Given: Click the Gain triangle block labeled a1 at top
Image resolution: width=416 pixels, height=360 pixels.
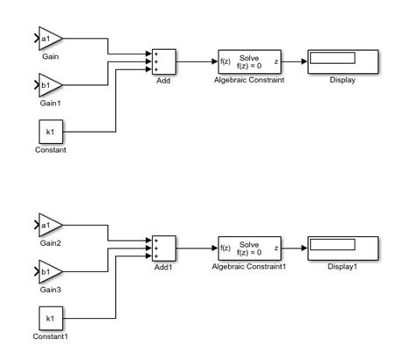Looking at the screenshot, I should [x=49, y=40].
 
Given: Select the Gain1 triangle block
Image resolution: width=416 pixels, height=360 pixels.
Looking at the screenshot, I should [x=49, y=87].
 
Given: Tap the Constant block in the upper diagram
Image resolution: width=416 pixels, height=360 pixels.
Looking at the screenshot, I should [x=49, y=132].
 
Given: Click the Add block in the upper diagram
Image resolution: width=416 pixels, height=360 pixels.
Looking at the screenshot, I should [x=164, y=61].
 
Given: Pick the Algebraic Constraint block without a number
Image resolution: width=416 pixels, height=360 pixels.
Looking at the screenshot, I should [x=249, y=61].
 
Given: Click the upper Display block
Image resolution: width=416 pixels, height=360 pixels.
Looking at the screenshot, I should [x=342, y=61].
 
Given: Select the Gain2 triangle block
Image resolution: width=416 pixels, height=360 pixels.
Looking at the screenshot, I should [x=49, y=227].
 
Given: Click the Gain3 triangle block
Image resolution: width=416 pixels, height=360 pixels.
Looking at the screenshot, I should [x=49, y=273].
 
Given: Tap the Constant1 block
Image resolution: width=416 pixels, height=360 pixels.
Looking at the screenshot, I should [x=49, y=318].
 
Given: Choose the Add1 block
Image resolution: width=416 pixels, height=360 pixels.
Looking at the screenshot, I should [x=164, y=248].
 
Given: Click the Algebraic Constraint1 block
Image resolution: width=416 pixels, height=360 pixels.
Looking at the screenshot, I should [x=249, y=248].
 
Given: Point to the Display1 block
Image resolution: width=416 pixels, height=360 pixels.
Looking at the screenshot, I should [x=342, y=248].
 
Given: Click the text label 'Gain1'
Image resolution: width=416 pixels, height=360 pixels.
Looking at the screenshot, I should [x=49, y=104].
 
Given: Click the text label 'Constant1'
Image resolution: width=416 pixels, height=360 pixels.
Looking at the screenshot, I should [x=50, y=336].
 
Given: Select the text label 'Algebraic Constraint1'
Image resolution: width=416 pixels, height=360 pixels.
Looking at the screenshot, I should [x=249, y=266].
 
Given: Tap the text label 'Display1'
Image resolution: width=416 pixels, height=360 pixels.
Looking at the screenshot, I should [x=342, y=266].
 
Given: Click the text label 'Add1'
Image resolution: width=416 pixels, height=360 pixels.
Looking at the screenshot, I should [x=164, y=266].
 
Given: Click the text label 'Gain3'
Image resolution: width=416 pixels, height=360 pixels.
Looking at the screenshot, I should [x=49, y=290].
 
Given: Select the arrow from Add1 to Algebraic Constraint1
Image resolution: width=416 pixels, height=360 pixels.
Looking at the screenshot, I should [x=197, y=248].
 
